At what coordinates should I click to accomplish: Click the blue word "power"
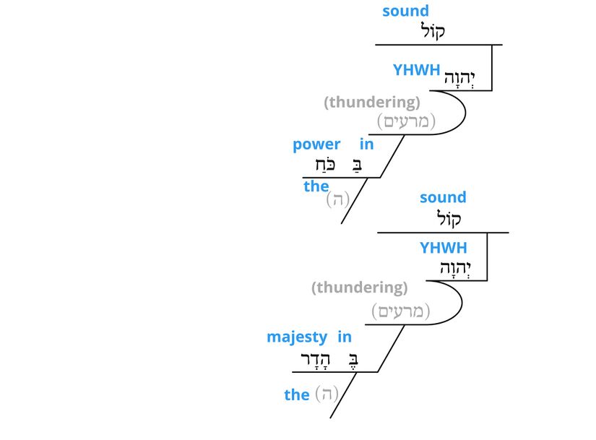coord(316,144)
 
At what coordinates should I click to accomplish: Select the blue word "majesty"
coord(297,337)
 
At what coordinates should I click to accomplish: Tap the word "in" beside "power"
coord(367,144)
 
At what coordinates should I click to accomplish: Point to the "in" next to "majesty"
coord(345,337)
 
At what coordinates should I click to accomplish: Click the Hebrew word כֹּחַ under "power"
coord(321,165)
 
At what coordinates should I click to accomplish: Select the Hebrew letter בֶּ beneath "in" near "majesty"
coord(353,359)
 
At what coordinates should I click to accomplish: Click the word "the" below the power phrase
coord(316,186)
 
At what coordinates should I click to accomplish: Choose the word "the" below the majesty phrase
coord(297,394)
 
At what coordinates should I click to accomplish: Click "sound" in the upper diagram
coord(405,11)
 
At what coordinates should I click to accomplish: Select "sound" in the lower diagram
coord(443,197)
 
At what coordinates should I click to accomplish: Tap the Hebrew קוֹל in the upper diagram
coord(433,31)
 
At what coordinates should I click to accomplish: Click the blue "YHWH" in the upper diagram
coord(416,70)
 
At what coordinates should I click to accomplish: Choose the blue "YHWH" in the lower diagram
coord(444,249)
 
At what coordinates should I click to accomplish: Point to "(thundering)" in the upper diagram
coord(372,103)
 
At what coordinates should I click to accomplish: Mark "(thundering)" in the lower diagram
coord(360,288)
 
